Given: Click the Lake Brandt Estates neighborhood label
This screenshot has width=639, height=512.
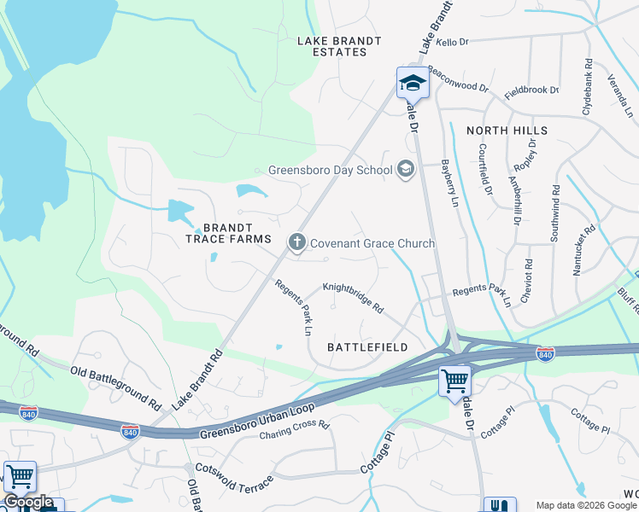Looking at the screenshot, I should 331,46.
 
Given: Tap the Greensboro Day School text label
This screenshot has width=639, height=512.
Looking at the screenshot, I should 330,170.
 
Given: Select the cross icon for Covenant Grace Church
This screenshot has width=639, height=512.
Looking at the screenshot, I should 297,243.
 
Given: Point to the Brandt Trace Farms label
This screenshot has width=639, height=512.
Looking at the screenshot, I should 229,234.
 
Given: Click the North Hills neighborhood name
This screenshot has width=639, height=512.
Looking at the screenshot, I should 507,131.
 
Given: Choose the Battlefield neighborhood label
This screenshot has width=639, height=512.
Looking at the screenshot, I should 367,347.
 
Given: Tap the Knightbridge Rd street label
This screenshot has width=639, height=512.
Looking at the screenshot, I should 353,296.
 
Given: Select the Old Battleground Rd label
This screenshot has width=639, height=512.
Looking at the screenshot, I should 116,386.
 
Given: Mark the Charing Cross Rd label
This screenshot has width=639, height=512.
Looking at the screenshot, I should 295,430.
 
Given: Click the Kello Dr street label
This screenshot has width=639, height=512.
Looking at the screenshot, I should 453,41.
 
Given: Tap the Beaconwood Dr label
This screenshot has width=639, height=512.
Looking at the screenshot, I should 457,81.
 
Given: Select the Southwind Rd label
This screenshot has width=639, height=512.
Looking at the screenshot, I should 554,213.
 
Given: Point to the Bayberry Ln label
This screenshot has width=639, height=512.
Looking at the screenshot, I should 450,184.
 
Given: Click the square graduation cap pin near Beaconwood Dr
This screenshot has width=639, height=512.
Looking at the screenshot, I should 411,83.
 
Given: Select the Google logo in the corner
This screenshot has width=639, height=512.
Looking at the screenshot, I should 28,503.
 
